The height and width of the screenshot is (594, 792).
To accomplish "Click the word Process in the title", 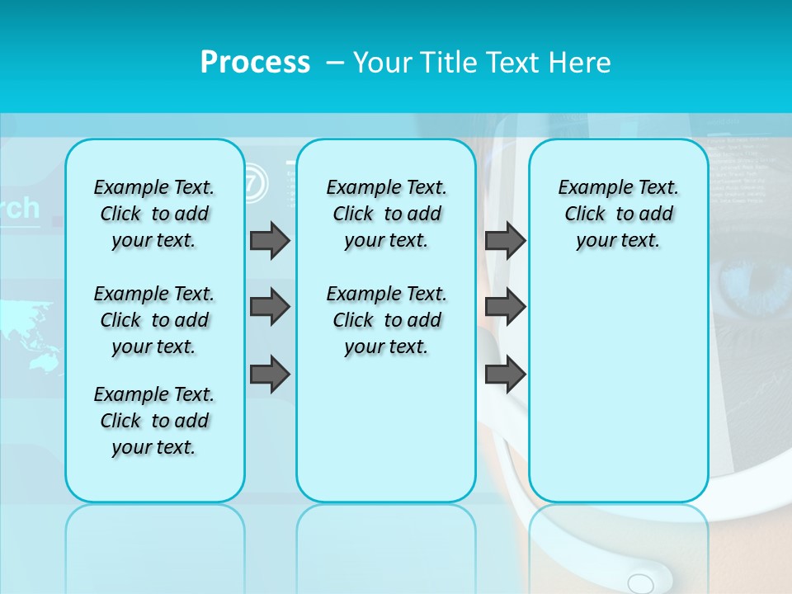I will tap(255, 62).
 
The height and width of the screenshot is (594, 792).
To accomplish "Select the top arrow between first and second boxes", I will tap(270, 240).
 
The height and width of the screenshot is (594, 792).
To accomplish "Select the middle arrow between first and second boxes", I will tap(270, 307).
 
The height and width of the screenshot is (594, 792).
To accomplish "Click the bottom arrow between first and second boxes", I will tap(270, 374).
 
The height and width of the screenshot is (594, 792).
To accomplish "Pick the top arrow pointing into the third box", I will tap(505, 240).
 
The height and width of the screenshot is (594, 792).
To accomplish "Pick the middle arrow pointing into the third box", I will tap(505, 307).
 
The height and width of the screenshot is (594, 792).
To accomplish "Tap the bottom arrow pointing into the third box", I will tap(505, 374).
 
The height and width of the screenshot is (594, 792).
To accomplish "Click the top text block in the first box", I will tap(154, 214).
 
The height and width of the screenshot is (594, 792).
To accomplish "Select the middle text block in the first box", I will tap(154, 320).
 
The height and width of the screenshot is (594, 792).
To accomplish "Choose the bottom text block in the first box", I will tap(154, 421).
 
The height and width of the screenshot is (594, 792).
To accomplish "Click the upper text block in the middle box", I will tap(386, 214).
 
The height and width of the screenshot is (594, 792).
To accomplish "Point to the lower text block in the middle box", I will tap(386, 320).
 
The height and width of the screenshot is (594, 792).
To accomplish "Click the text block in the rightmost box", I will tap(618, 214).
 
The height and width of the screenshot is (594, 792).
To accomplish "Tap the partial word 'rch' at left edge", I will tap(20, 208).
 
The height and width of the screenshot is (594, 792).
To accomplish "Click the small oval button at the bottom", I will tap(640, 583).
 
